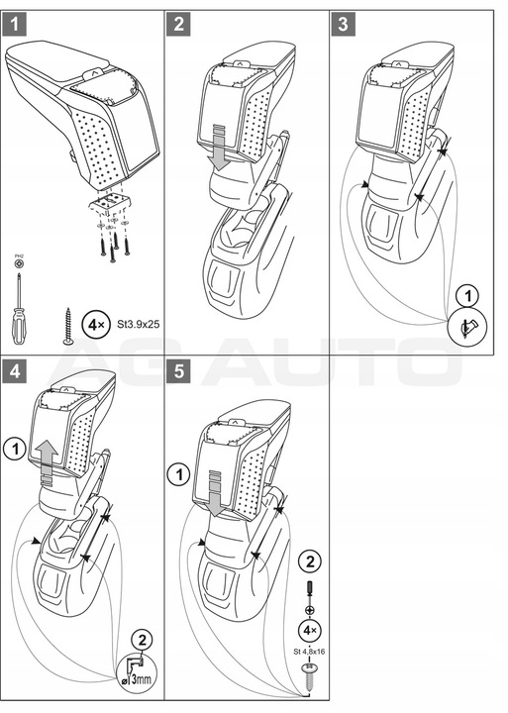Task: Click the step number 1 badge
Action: pyautogui.click(x=14, y=24)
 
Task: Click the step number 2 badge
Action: pyautogui.click(x=178, y=24)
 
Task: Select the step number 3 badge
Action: pyautogui.click(x=343, y=24)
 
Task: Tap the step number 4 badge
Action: pyautogui.click(x=14, y=371)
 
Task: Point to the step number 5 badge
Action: pyautogui.click(x=178, y=371)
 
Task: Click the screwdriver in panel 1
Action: pyautogui.click(x=19, y=308)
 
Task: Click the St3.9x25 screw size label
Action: pyautogui.click(x=138, y=325)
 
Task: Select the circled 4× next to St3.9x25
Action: pyautogui.click(x=95, y=325)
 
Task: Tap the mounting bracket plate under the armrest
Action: pyautogui.click(x=111, y=203)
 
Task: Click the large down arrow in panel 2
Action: pyautogui.click(x=220, y=147)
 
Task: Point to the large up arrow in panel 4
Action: pyautogui.click(x=48, y=461)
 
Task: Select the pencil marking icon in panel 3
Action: pyautogui.click(x=467, y=327)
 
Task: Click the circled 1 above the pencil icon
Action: pyautogui.click(x=467, y=297)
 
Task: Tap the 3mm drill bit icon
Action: pyautogui.click(x=137, y=675)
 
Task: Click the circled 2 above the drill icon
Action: pyautogui.click(x=142, y=641)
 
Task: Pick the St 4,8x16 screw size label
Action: pyautogui.click(x=309, y=652)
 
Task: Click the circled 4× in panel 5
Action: pyautogui.click(x=310, y=631)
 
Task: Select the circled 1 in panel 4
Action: pyautogui.click(x=15, y=450)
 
